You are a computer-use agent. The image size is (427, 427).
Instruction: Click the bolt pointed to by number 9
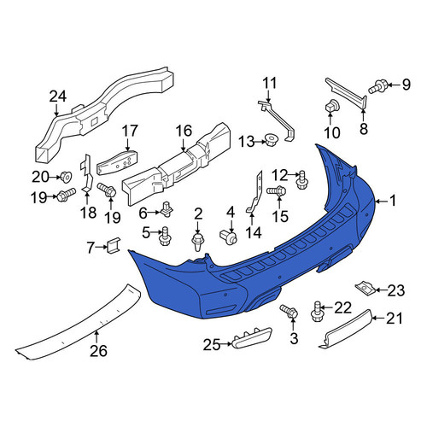click(x=377, y=86)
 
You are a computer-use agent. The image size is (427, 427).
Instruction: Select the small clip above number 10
click(x=331, y=106)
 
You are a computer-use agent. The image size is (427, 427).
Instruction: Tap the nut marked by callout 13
click(x=270, y=140)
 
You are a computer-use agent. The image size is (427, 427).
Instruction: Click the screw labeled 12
click(x=302, y=179)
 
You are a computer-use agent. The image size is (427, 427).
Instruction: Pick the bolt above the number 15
click(x=276, y=190)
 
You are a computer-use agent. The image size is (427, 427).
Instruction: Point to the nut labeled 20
click(x=66, y=177)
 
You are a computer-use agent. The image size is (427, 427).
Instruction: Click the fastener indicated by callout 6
click(x=167, y=210)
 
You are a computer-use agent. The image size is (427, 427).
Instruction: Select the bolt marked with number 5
click(x=165, y=236)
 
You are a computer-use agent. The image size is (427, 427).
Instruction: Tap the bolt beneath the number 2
click(x=197, y=242)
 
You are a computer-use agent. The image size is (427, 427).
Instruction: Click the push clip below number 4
click(x=228, y=237)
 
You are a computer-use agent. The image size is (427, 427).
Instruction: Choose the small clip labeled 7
click(x=114, y=245)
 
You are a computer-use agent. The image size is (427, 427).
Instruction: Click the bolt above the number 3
click(x=289, y=312)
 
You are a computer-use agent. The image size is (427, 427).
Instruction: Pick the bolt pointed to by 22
click(x=317, y=312)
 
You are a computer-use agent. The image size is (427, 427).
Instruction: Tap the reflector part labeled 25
click(x=252, y=337)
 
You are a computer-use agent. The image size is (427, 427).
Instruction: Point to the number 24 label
click(x=58, y=97)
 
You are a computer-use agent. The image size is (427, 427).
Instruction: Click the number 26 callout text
click(x=98, y=351)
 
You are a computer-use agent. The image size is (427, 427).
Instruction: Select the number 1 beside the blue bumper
click(x=393, y=201)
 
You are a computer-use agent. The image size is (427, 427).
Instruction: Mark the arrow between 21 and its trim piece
click(x=378, y=319)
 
